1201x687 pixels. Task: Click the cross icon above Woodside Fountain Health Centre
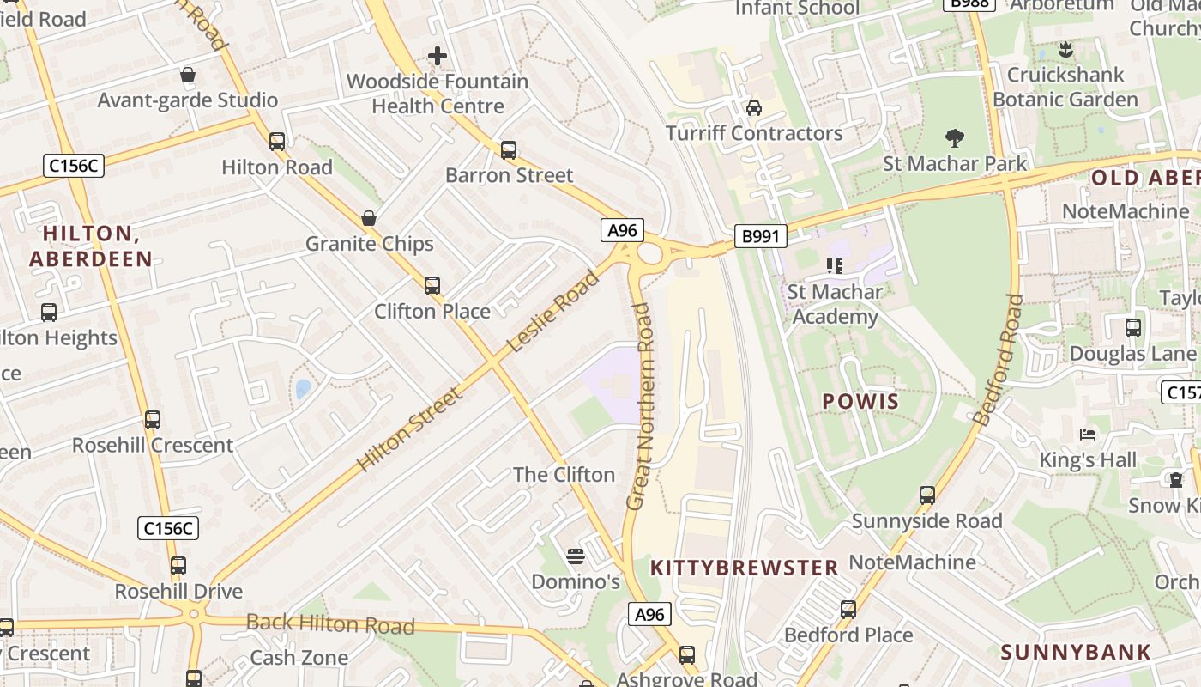(x=438, y=57)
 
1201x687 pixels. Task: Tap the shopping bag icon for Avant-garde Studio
(x=188, y=75)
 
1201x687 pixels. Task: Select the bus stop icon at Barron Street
(x=509, y=150)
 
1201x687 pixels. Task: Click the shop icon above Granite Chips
(x=369, y=218)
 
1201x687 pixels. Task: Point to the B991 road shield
(x=760, y=236)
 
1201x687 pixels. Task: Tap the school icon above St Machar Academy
(x=834, y=266)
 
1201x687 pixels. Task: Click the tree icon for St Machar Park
(x=954, y=138)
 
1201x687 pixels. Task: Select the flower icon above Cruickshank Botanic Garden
(x=1065, y=50)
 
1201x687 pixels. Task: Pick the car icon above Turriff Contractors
(x=754, y=108)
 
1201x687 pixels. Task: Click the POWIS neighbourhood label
(x=860, y=402)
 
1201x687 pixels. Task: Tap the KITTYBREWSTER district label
(x=744, y=568)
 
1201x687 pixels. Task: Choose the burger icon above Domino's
(x=576, y=556)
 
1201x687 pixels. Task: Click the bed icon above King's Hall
(x=1088, y=435)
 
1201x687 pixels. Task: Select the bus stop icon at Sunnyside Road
(x=927, y=495)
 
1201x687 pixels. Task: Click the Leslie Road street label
(x=553, y=311)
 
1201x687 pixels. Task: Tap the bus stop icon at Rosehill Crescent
(x=153, y=420)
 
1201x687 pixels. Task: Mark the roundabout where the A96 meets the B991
(x=649, y=253)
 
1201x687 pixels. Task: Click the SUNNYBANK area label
(x=1076, y=652)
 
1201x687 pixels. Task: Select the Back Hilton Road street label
(x=330, y=624)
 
